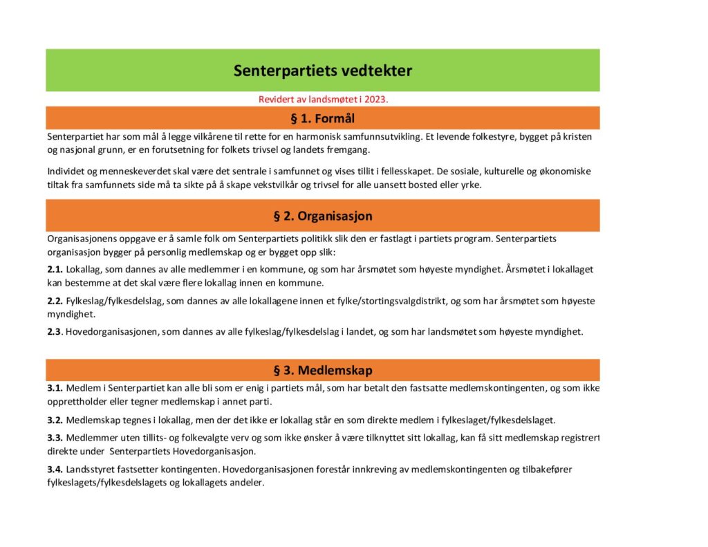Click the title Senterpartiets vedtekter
(x=322, y=71)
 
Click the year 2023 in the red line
(x=375, y=99)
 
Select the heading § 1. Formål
(x=322, y=118)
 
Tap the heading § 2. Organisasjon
(x=322, y=216)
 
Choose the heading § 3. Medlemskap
(x=322, y=370)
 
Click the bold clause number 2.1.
(x=55, y=270)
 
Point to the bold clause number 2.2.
(x=55, y=301)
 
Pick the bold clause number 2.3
(x=55, y=331)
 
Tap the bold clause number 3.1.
(x=55, y=389)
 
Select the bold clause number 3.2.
(x=55, y=420)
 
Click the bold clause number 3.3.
(x=55, y=438)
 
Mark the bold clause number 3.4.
(x=55, y=470)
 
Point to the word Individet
(x=66, y=171)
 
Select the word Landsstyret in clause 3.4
(x=91, y=470)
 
